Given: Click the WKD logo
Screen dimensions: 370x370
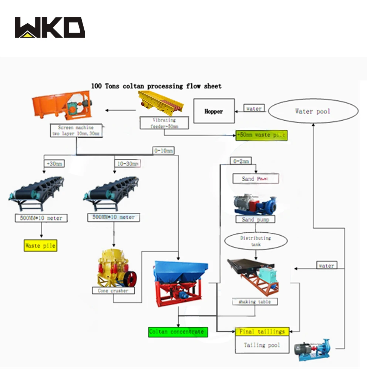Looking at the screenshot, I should point(50,27).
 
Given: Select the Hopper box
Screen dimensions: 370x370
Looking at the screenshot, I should point(214,111).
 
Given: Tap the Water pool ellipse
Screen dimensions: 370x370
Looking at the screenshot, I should point(313,111).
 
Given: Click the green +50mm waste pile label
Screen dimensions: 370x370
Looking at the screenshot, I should point(261,135).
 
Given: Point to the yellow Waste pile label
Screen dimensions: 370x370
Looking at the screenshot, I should point(40,245).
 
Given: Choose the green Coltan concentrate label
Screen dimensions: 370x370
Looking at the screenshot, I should point(178,332).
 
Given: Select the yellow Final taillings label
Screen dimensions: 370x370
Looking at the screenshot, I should point(262,332).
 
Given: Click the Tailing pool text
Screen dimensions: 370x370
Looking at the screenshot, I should point(262,345).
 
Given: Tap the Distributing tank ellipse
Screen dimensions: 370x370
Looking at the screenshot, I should point(256,241).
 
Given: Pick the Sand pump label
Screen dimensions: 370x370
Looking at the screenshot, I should point(253,219).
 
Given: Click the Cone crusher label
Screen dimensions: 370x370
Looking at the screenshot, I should point(113,291).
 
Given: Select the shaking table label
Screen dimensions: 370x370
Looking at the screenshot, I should point(255,302).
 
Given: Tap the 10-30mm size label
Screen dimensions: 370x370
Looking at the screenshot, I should point(127,163).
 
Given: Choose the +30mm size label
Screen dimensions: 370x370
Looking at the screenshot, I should point(54,163).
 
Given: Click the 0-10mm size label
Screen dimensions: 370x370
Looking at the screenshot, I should point(163,150).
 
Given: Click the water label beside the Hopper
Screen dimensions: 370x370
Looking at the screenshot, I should point(254,108).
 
